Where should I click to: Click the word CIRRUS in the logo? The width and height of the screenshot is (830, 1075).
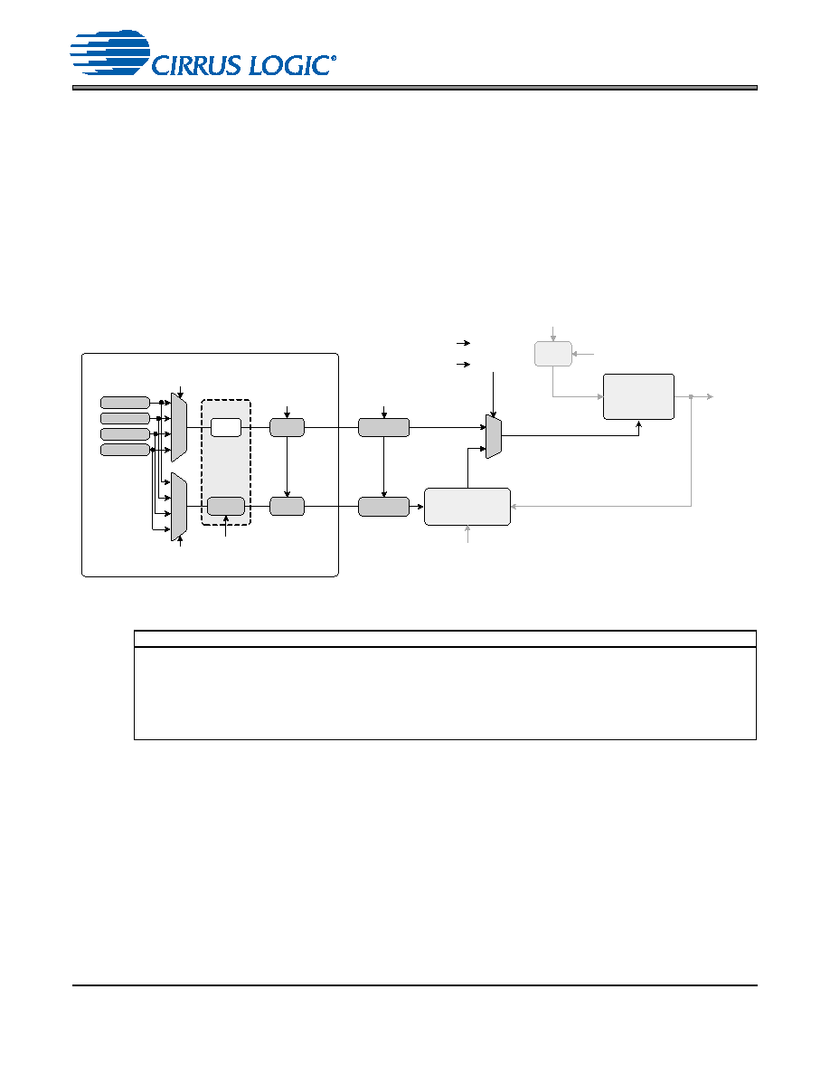click(196, 65)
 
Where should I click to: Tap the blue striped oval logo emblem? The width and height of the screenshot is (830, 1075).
click(109, 52)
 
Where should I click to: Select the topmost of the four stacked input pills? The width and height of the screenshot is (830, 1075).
click(126, 403)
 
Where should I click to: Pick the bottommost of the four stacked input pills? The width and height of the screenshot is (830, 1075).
click(126, 450)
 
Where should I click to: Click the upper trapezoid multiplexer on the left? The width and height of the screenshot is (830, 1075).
click(179, 427)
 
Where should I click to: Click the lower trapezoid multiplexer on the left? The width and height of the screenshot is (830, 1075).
click(179, 507)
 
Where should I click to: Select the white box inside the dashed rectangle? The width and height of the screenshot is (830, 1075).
click(226, 427)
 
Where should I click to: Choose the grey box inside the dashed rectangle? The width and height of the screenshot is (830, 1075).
click(226, 506)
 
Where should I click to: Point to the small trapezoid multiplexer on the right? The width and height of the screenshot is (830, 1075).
click(494, 436)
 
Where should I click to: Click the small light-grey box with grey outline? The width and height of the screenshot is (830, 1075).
click(553, 354)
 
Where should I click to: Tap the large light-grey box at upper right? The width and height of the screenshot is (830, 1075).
click(639, 397)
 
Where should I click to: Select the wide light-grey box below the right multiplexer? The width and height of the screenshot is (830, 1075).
click(467, 507)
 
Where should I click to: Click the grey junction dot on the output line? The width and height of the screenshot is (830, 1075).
click(691, 397)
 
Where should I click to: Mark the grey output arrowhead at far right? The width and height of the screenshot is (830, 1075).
click(710, 397)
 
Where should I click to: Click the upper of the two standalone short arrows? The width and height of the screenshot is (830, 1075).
click(464, 343)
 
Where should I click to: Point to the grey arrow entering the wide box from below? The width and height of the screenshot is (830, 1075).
click(467, 534)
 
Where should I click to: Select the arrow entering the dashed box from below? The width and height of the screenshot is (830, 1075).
click(226, 526)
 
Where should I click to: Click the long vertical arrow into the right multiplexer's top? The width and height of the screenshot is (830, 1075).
click(493, 395)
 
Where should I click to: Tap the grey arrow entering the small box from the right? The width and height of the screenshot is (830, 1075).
click(583, 354)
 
